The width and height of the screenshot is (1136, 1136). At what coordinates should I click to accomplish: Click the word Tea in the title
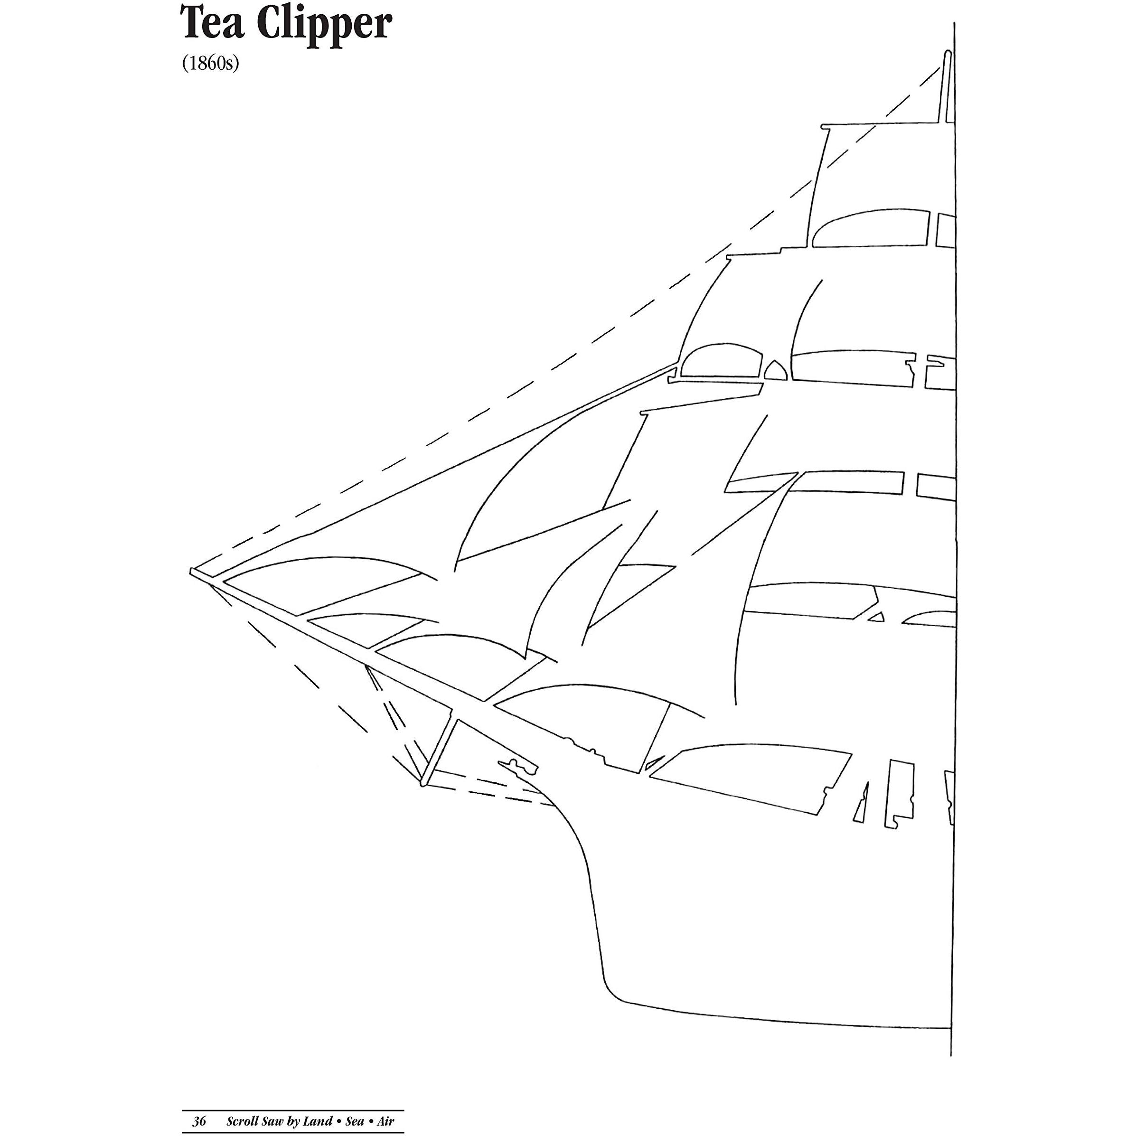[214, 24]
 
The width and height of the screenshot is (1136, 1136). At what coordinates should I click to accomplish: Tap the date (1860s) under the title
[210, 63]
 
